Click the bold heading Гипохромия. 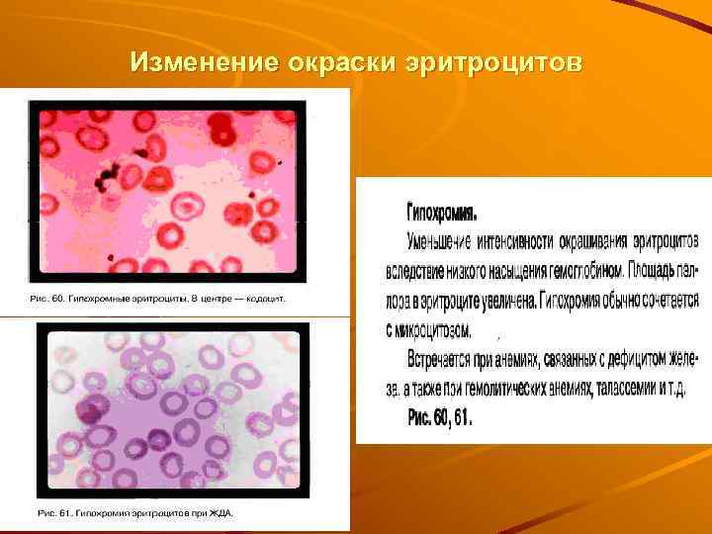click(x=442, y=213)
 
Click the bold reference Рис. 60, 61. click(x=440, y=418)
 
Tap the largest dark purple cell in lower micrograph click(x=95, y=407)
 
